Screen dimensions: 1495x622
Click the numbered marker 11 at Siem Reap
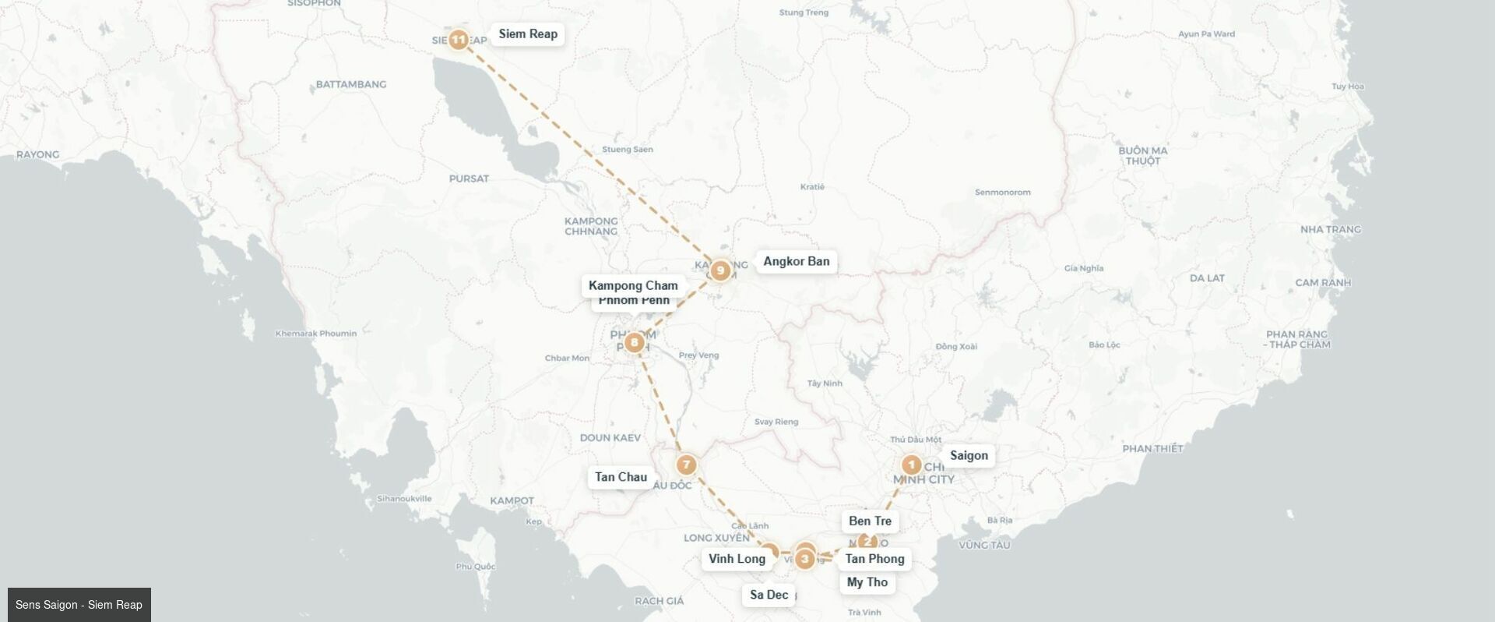point(459,39)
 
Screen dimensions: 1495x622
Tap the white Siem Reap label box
point(528,34)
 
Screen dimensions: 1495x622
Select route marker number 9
point(720,270)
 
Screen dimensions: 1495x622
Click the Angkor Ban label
point(796,262)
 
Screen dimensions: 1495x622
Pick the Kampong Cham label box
point(633,285)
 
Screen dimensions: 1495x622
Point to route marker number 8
point(635,342)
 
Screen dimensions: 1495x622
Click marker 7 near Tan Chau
point(685,465)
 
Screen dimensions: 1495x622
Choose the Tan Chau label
point(621,477)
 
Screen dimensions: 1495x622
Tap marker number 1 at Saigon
point(911,465)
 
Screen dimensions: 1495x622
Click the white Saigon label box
point(969,456)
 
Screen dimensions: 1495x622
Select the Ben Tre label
point(870,521)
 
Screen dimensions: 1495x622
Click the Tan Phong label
point(874,559)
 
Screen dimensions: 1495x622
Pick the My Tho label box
point(867,582)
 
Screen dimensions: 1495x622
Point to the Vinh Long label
point(737,559)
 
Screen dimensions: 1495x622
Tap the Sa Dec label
point(769,595)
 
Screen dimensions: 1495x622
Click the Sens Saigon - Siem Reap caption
point(79,605)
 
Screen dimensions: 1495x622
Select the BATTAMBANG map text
point(350,84)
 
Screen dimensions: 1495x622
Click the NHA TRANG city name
point(1330,229)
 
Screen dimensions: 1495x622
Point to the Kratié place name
point(812,187)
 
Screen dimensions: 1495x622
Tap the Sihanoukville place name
point(403,499)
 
